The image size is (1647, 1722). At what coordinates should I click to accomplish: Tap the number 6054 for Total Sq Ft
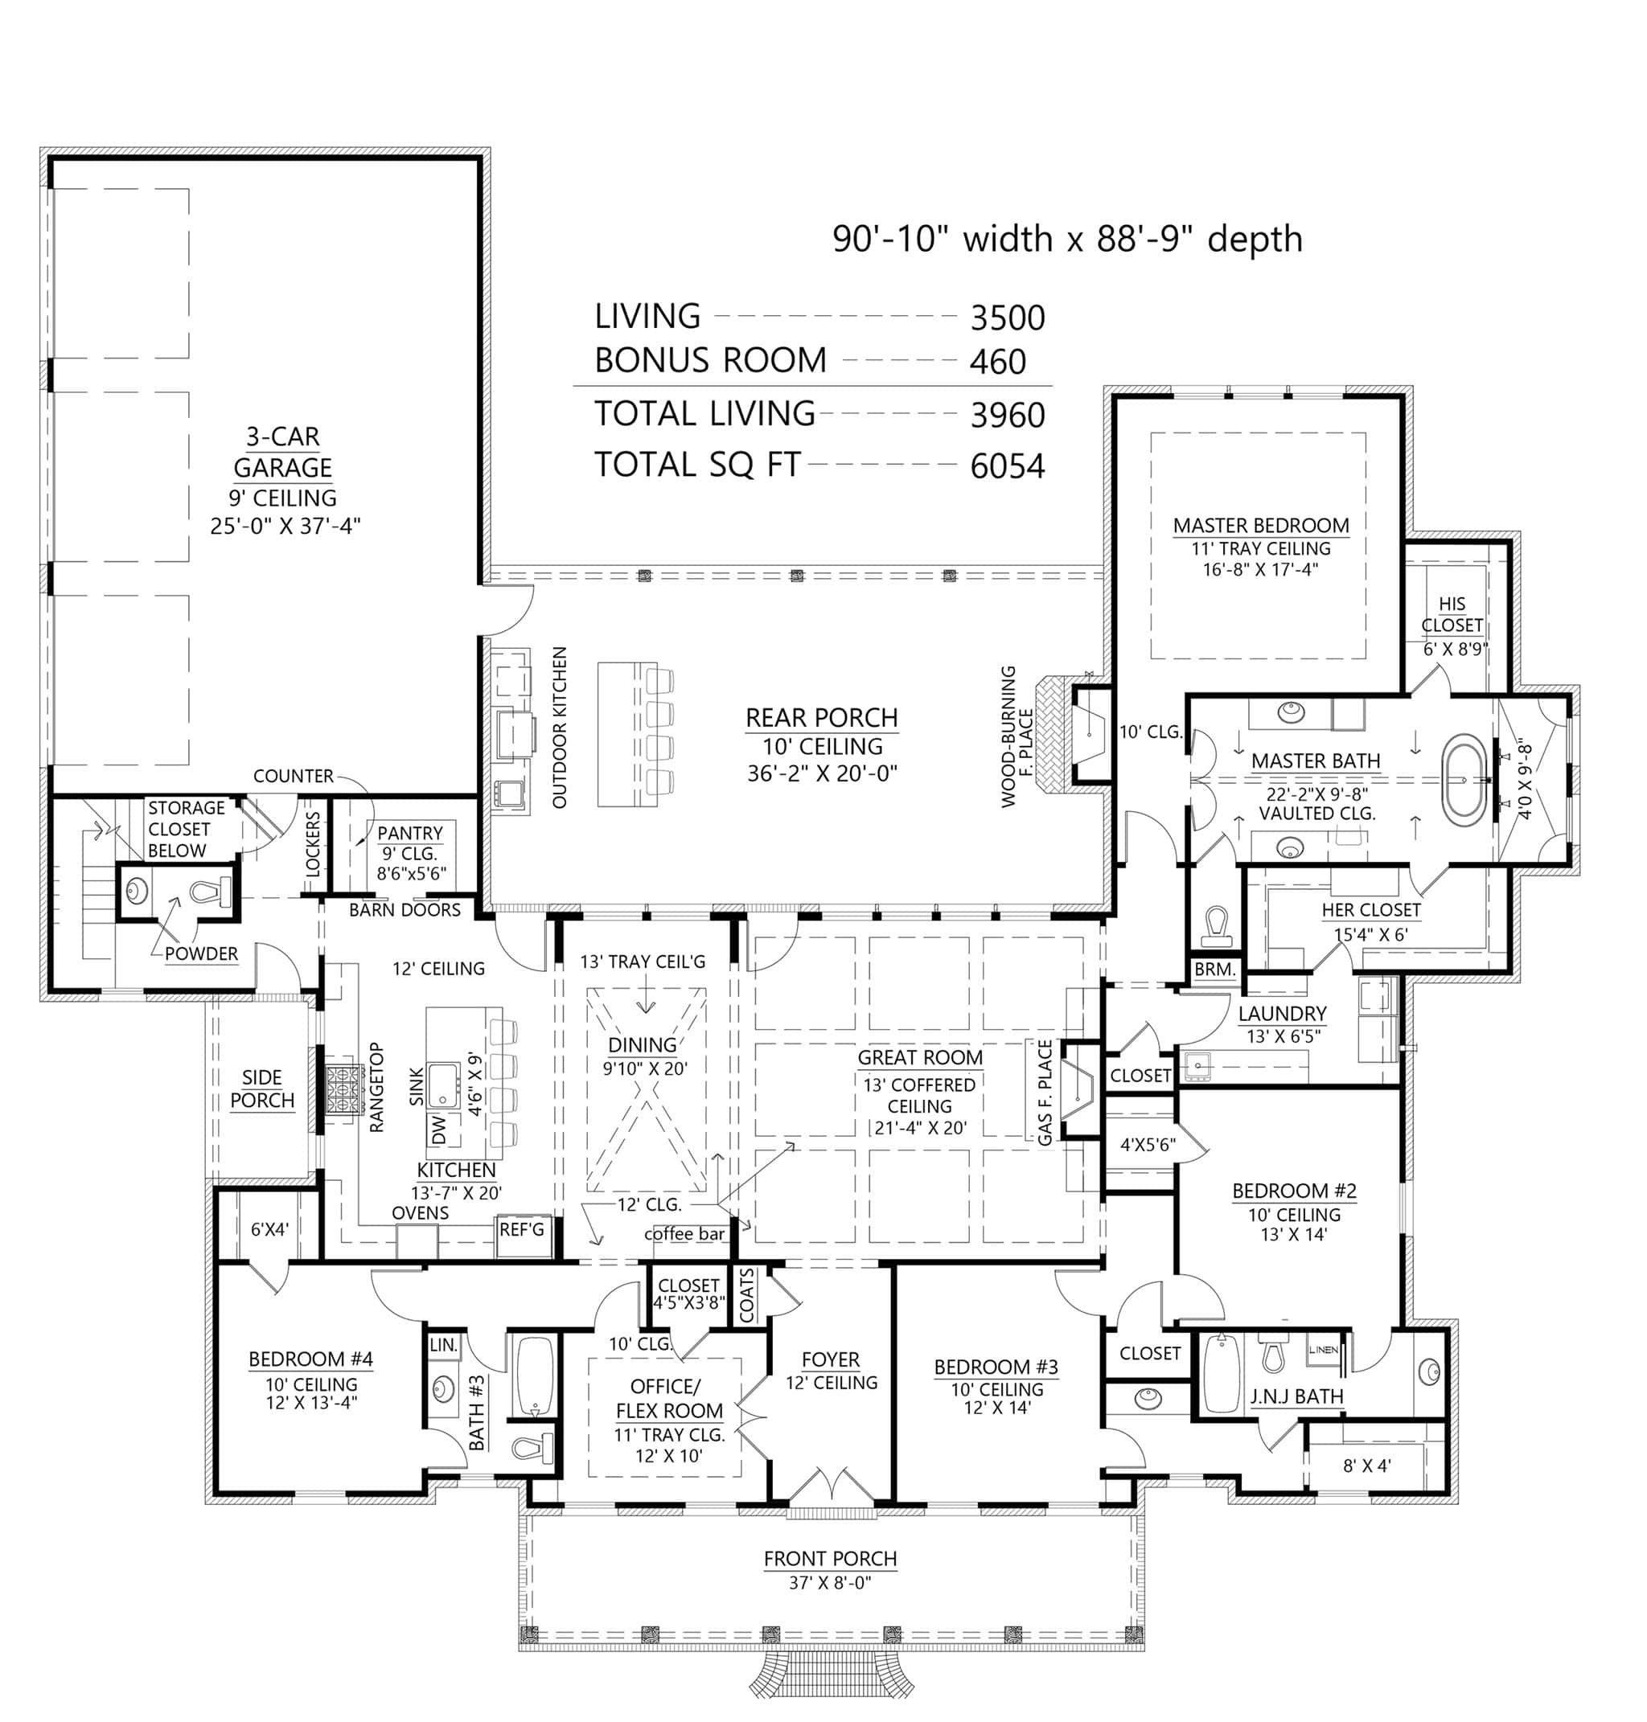click(1007, 466)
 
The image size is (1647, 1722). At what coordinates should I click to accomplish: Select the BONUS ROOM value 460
click(997, 362)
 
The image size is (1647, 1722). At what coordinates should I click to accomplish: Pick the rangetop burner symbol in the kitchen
click(344, 1089)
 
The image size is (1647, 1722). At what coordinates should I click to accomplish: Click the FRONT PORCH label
click(830, 1559)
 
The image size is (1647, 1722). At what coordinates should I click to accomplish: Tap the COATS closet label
click(747, 1294)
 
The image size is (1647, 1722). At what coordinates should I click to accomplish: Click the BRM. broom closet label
click(1215, 970)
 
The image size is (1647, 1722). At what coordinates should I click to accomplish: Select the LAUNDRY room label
click(1282, 1014)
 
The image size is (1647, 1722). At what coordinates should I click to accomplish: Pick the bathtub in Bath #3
click(535, 1376)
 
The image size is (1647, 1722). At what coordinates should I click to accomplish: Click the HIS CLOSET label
click(1452, 614)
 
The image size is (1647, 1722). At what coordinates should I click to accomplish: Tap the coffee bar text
click(684, 1234)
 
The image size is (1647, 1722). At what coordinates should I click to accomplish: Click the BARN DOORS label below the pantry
click(405, 910)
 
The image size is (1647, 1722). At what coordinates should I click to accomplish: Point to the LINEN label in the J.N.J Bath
click(1324, 1350)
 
